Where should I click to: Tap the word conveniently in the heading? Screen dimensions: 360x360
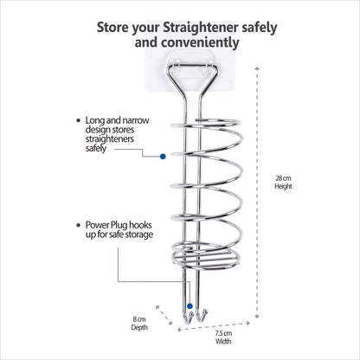(200, 42)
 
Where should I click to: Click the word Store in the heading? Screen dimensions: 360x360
(112, 28)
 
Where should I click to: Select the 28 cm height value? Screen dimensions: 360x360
(283, 178)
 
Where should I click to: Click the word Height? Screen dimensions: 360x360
(283, 186)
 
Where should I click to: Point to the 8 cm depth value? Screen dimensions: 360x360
(139, 319)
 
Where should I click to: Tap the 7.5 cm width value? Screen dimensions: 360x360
(223, 333)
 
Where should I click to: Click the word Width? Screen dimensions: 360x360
(223, 341)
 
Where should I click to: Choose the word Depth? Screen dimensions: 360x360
(139, 327)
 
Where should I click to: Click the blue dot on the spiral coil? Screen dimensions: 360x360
(163, 157)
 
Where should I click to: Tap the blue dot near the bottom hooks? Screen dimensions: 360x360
(190, 305)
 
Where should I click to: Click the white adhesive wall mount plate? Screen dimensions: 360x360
(192, 71)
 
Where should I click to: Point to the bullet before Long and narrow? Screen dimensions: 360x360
(79, 120)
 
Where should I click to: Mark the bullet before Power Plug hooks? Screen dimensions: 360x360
(79, 225)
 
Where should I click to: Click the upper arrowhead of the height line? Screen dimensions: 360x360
(257, 68)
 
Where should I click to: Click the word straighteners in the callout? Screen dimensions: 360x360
(110, 138)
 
